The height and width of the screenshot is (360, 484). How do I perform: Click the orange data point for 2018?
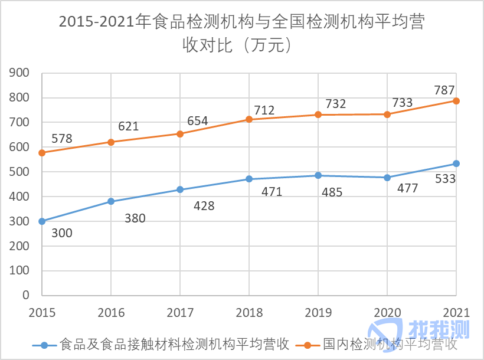click(x=249, y=119)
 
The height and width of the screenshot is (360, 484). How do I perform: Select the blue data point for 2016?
click(x=111, y=201)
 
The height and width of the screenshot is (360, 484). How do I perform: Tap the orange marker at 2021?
click(x=456, y=101)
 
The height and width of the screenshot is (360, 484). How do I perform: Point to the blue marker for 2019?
click(x=318, y=175)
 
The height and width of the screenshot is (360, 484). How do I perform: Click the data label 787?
click(x=444, y=90)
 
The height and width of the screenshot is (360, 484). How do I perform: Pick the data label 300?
click(x=61, y=233)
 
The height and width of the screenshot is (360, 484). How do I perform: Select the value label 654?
click(x=197, y=121)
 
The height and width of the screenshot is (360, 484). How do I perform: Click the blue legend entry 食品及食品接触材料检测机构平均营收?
click(x=171, y=344)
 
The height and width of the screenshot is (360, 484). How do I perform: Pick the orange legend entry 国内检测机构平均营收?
click(x=390, y=344)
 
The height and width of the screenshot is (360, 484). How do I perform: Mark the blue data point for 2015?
click(x=42, y=221)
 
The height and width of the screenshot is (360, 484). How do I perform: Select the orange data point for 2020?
click(x=387, y=114)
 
